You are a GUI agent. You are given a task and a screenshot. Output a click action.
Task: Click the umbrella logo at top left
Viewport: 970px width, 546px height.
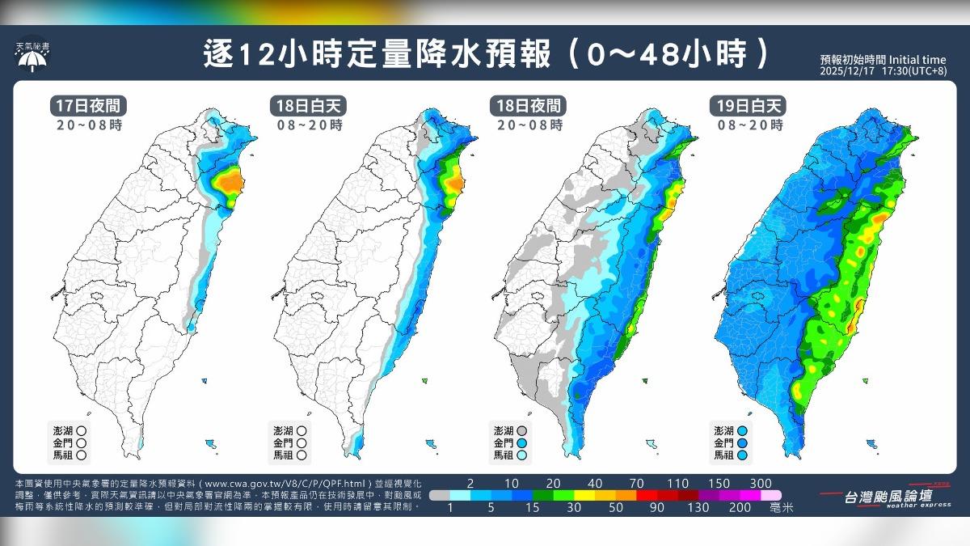(32, 59)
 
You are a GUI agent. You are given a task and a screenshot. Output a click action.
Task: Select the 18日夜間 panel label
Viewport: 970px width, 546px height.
(529, 107)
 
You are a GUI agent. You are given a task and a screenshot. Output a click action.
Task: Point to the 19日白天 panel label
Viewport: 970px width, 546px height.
(748, 107)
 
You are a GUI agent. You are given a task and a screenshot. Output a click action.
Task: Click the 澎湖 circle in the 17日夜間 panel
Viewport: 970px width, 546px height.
(82, 431)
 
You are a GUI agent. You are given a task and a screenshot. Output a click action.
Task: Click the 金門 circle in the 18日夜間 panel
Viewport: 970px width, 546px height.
(522, 443)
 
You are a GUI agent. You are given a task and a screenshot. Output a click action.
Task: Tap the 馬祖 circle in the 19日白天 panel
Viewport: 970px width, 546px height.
(741, 455)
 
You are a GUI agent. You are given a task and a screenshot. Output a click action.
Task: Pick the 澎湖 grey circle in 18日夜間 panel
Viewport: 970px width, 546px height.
(522, 431)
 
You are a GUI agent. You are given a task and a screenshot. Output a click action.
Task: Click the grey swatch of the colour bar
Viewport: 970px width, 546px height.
(441, 494)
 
